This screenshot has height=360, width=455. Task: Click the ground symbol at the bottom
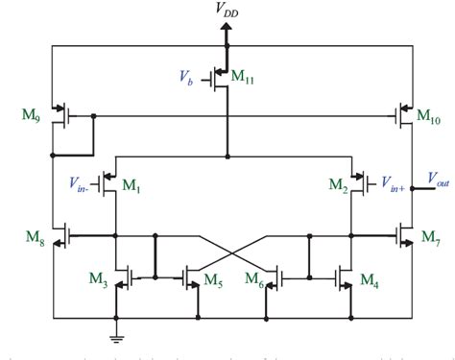(x=116, y=335)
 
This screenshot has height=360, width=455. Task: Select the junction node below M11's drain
(x=227, y=156)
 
